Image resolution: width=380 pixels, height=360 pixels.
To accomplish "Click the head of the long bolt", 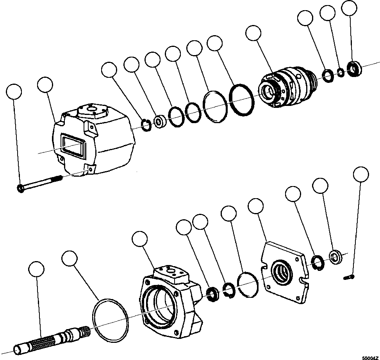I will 20,189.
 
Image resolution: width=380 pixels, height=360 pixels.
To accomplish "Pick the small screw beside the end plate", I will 349,278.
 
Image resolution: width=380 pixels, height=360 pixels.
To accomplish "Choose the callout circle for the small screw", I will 360,174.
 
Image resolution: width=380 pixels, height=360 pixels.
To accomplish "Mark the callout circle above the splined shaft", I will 37,269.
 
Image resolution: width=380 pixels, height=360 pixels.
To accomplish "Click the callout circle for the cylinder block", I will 254,33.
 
